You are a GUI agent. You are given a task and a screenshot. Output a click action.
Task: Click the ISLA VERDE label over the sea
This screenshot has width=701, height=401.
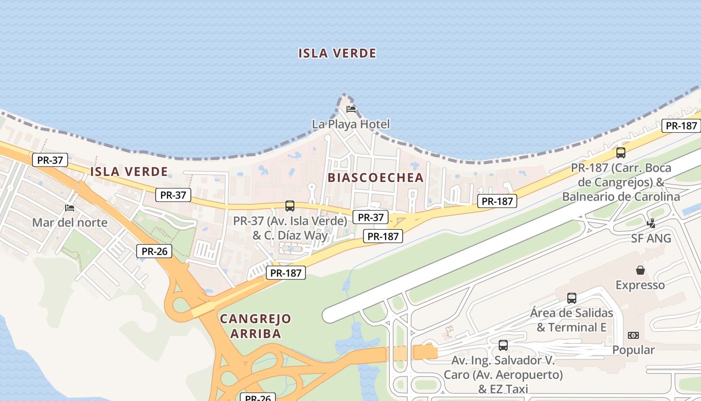point(337,53)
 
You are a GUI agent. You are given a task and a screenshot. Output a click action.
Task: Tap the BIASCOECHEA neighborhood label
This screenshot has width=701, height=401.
point(376,177)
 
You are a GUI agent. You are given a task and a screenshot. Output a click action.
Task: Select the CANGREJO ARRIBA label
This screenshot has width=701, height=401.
point(255,326)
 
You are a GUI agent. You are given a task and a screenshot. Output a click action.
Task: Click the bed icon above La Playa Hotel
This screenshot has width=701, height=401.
point(350,109)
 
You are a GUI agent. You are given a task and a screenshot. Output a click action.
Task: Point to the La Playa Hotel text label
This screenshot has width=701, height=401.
point(350,124)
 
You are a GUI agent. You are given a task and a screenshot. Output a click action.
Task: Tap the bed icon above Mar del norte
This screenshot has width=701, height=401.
point(70,208)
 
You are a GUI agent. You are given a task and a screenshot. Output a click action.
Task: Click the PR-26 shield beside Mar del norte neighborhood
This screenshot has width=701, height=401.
point(154,251)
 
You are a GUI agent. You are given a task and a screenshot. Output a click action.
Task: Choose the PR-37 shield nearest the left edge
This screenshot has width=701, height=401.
point(50,160)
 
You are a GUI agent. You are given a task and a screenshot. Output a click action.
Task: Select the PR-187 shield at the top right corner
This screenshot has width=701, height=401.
point(681,126)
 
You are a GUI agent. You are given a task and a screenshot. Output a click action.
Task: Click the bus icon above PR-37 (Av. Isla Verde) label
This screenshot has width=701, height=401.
point(290,206)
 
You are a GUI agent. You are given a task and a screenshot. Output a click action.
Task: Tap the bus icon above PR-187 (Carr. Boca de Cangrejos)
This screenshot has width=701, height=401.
point(621,153)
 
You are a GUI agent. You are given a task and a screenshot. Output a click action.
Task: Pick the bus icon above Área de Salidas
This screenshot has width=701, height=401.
point(572,298)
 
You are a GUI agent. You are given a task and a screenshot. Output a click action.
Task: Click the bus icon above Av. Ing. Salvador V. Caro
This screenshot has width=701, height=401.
point(503,345)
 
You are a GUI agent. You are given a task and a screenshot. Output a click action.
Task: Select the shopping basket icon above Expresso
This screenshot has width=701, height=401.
point(640,271)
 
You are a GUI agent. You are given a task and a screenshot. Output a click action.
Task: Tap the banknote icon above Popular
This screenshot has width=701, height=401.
point(633,335)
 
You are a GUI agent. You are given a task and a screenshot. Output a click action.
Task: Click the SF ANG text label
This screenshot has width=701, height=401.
point(651,239)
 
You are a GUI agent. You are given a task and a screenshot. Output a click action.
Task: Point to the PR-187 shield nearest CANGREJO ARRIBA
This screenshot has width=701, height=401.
point(286,273)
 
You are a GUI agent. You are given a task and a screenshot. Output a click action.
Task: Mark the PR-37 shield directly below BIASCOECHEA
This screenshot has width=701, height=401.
point(371,217)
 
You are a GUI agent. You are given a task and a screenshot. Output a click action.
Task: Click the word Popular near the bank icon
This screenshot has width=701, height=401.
point(633,350)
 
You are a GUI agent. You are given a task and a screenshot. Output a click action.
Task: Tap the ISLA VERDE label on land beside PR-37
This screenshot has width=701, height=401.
point(129,171)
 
